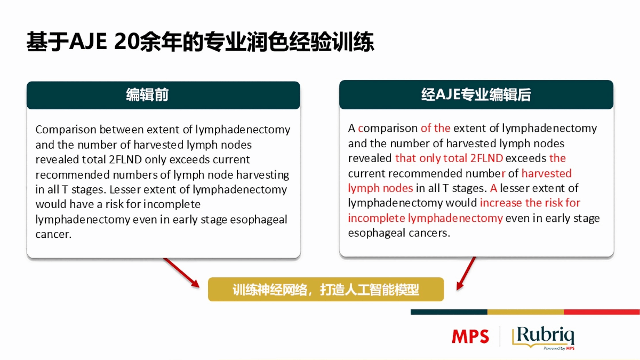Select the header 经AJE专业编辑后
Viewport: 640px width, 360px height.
476,94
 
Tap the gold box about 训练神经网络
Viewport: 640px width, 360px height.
326,289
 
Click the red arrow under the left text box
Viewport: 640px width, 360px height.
181,273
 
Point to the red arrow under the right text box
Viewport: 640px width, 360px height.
466,274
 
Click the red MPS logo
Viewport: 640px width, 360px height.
470,337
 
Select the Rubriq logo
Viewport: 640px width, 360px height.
543,338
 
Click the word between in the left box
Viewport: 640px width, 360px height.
122,130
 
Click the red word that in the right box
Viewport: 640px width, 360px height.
405,158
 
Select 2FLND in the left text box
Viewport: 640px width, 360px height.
125,159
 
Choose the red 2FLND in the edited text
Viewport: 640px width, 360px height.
486,158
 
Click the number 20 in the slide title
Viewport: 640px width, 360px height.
126,42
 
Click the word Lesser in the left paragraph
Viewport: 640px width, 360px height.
125,189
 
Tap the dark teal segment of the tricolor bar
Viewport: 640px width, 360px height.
449,312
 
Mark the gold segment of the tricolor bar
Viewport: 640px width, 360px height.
525,312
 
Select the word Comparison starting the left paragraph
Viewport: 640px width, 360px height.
66,130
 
